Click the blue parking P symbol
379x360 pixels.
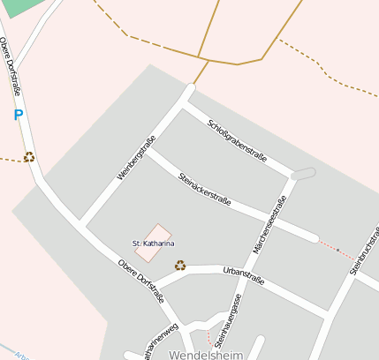(x=18, y=115)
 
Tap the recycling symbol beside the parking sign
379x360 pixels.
(x=29, y=157)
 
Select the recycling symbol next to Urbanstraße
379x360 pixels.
(x=180, y=265)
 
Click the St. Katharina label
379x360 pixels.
(x=153, y=243)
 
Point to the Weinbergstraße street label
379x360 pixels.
(x=136, y=158)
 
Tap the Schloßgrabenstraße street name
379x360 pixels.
(x=237, y=139)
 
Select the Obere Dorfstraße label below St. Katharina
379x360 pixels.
(x=140, y=281)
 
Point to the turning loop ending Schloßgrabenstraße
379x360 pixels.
(x=302, y=173)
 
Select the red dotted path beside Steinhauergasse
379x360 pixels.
(x=210, y=338)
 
